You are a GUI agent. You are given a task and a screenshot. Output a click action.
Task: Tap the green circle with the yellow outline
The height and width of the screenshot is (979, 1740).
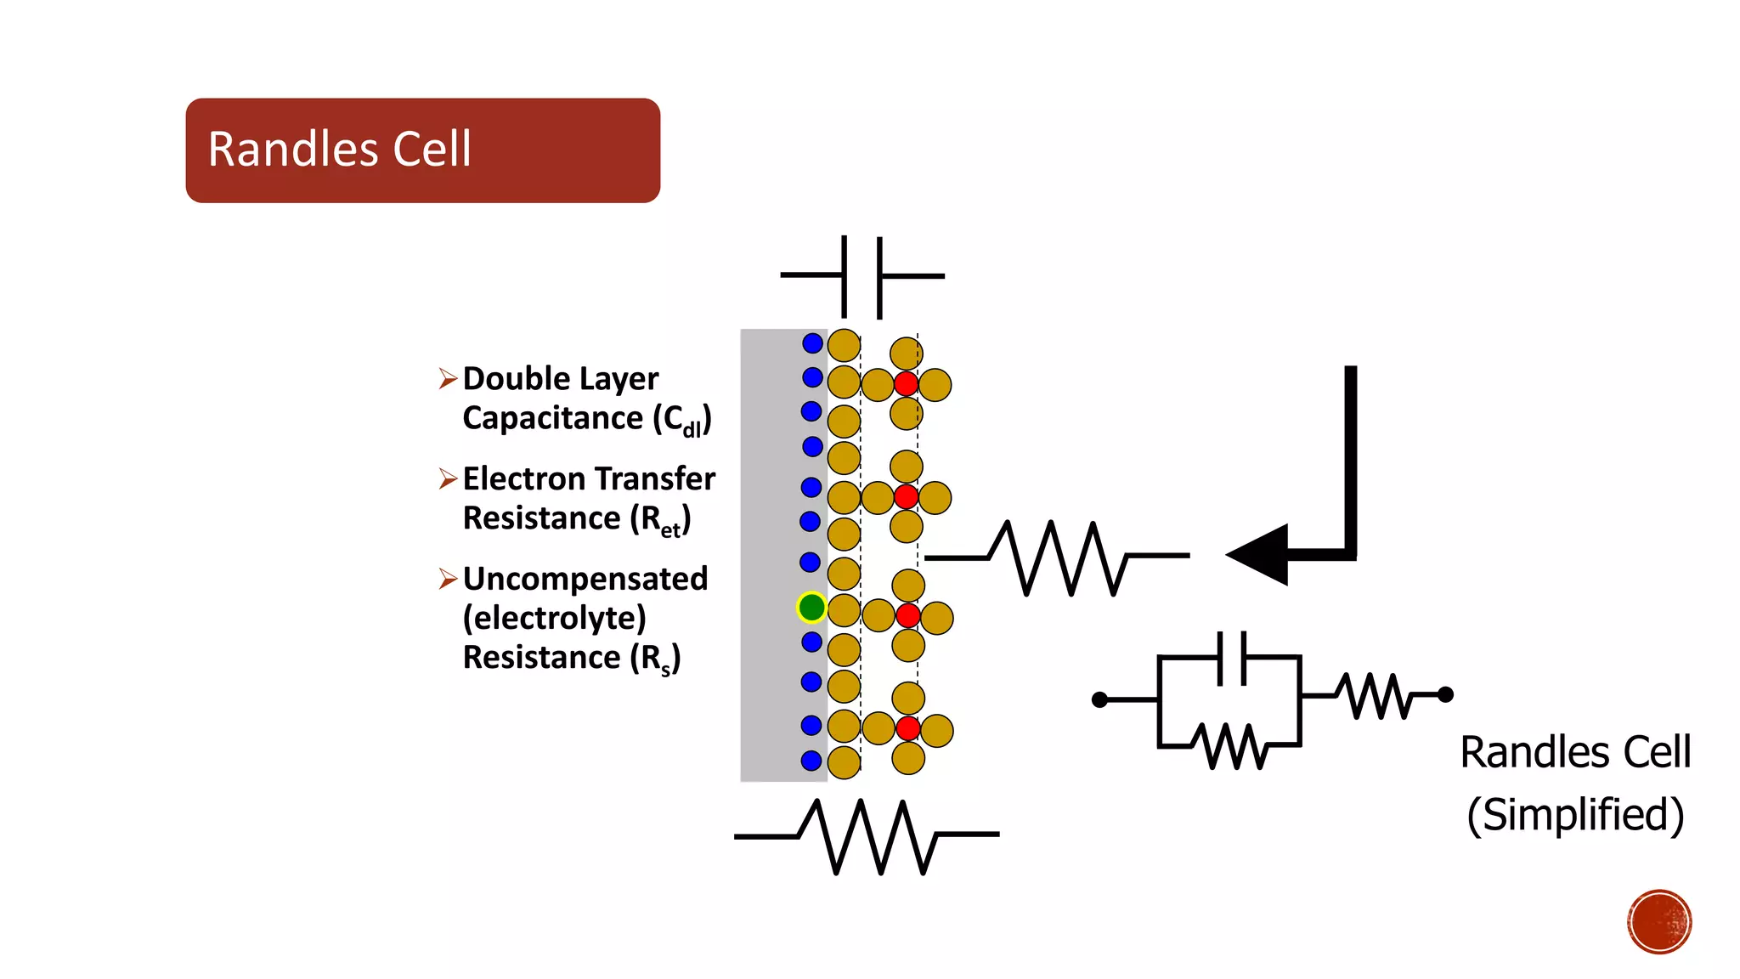[811, 608]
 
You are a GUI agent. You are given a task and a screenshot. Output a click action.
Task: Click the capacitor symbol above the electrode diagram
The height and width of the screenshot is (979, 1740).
[862, 276]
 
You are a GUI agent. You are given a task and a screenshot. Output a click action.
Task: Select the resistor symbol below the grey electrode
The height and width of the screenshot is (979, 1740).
[867, 836]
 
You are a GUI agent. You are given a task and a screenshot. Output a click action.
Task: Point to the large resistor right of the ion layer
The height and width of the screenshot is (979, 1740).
[1058, 557]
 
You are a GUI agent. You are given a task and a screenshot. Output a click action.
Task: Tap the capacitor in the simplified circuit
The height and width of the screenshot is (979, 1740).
[1231, 658]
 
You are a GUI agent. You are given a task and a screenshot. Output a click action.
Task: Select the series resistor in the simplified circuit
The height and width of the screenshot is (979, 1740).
[1371, 696]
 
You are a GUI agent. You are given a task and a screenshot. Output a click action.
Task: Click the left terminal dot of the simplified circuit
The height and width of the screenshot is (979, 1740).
[1099, 699]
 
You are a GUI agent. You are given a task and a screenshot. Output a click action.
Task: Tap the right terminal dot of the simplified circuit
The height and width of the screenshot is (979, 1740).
[1445, 694]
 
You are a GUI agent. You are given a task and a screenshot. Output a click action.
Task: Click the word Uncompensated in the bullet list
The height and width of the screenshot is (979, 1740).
[585, 579]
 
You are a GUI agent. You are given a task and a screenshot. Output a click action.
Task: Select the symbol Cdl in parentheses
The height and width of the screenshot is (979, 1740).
[681, 420]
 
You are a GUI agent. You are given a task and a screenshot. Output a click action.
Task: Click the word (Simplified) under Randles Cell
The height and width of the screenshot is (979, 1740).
[1575, 814]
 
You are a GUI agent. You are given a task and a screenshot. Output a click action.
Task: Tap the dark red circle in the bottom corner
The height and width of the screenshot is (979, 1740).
[1659, 921]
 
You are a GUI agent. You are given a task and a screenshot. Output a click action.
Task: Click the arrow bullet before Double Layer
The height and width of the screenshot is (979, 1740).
[448, 378]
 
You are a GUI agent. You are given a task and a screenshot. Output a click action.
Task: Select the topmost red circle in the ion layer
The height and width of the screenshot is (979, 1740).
[906, 383]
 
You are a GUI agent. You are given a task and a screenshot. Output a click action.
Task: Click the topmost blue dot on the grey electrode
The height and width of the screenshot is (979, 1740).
[812, 343]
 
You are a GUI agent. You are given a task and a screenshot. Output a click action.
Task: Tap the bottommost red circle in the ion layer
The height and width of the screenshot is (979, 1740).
[907, 728]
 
